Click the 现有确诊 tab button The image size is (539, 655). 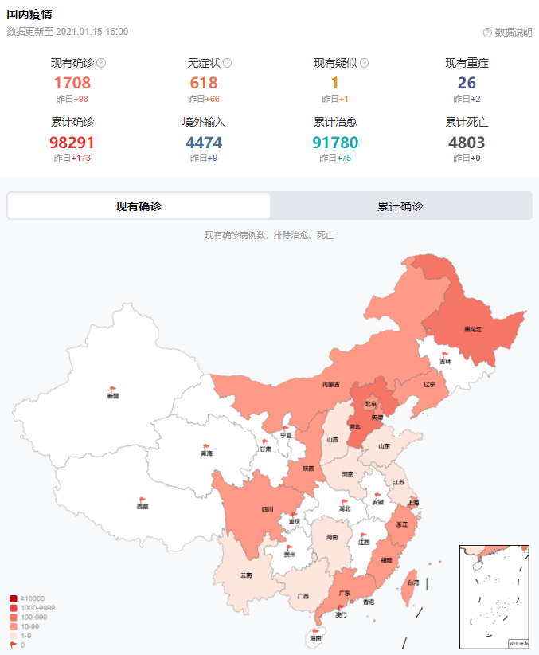139,206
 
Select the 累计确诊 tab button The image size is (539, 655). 400,206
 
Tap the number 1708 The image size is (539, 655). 72,83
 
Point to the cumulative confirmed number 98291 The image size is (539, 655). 72,143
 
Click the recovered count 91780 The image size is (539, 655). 334,143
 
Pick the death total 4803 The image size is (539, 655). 467,143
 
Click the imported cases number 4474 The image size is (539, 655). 204,143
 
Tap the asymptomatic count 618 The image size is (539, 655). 204,83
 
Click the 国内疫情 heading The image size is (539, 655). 31,14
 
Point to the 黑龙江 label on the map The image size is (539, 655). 473,328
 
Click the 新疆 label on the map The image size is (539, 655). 113,395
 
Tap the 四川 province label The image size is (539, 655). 268,509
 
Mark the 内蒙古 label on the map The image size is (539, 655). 331,385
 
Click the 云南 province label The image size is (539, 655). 246,575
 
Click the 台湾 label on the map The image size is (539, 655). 413,582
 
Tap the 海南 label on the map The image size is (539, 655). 316,638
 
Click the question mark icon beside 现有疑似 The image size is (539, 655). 364,63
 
